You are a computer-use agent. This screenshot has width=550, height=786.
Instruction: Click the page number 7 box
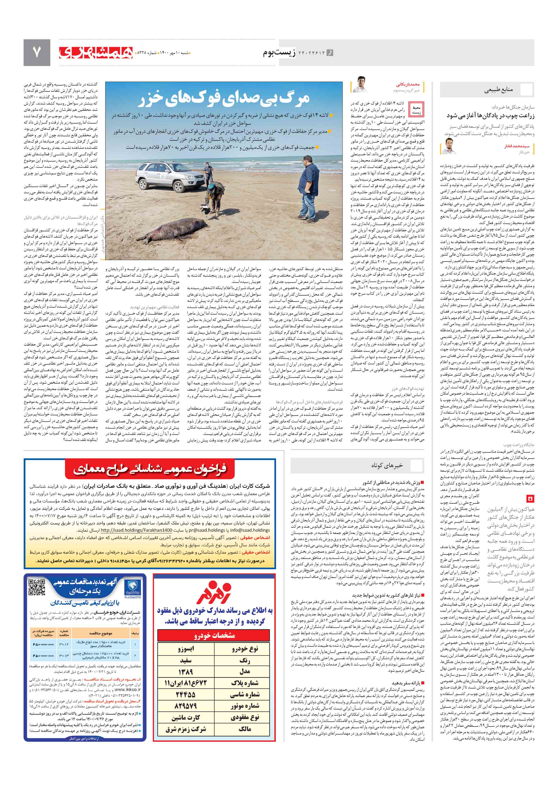point(36,52)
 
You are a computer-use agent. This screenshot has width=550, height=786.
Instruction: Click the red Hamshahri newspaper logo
point(96,52)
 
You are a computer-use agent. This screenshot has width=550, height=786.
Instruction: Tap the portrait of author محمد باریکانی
point(360,85)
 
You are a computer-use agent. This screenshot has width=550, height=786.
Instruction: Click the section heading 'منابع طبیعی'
point(498,90)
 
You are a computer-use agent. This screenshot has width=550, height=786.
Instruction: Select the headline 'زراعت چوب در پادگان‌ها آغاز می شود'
point(490,116)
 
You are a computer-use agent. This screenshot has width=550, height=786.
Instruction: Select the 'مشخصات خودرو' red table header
point(214,635)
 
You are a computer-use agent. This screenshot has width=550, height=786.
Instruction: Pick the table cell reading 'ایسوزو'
point(186,649)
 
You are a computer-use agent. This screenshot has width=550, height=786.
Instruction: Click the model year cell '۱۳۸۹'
point(186,672)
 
